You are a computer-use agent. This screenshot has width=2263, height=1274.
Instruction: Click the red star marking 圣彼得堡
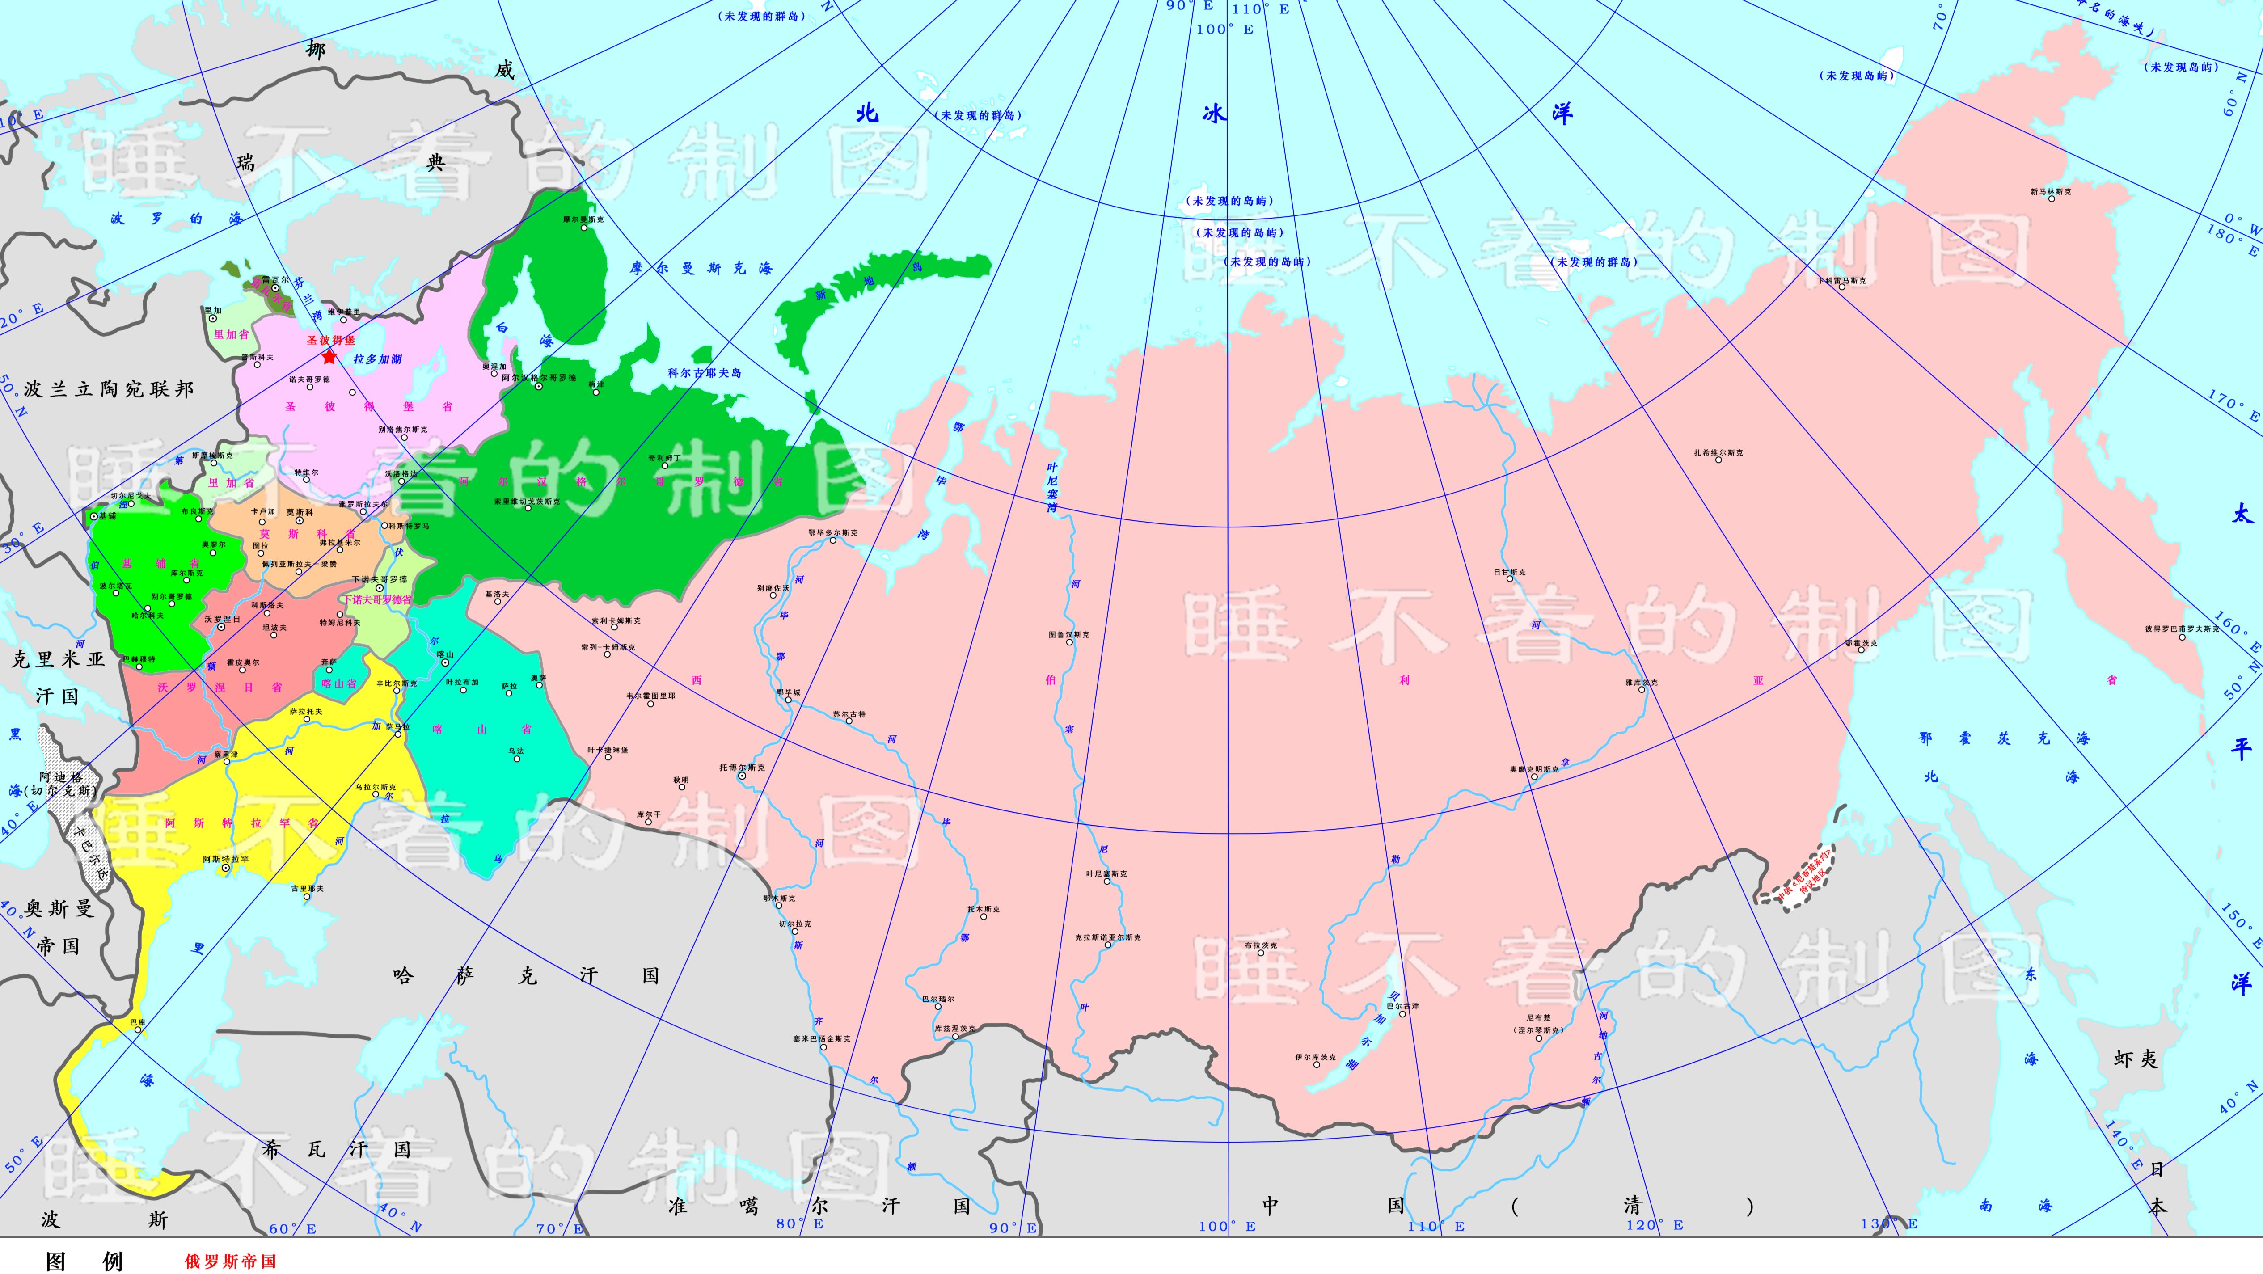tap(329, 357)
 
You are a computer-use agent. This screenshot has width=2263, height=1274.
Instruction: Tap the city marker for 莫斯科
tap(299, 521)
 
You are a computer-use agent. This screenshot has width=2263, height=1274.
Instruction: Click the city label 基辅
tap(107, 517)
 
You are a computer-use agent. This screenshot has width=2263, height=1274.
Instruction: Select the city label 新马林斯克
tap(2050, 191)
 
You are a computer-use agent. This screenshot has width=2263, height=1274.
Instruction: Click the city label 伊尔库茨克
tap(1314, 1058)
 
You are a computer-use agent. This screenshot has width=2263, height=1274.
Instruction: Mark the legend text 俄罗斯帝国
tap(230, 1261)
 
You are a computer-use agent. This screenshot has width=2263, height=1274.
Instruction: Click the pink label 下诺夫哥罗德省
tap(376, 599)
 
